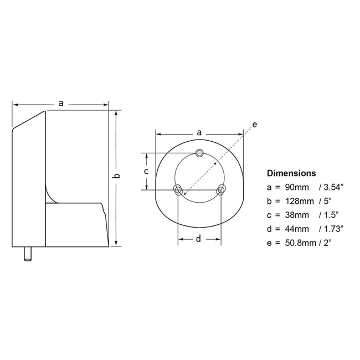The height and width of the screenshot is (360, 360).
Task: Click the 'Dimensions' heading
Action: [x=291, y=173]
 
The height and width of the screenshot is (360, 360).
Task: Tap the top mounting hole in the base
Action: [x=199, y=153]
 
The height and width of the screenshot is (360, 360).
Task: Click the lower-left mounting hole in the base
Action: [x=178, y=191]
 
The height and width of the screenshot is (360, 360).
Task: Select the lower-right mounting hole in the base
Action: [x=221, y=191]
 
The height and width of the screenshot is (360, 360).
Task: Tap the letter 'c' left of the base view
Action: [x=146, y=171]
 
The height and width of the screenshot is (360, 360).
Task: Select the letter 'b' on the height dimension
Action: [x=116, y=176]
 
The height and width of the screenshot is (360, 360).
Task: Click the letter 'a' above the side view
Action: [x=61, y=102]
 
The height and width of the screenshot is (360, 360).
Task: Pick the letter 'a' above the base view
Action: [x=199, y=132]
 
